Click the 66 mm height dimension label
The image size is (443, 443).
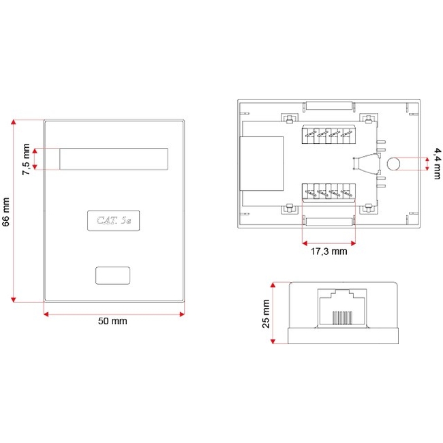pyautogui.click(x=6, y=212)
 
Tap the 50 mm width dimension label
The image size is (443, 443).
pyautogui.click(x=112, y=321)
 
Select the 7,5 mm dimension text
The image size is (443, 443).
pyautogui.click(x=26, y=159)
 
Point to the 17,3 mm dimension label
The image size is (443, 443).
pyautogui.click(x=329, y=251)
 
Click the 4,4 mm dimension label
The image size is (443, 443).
pyautogui.click(x=436, y=164)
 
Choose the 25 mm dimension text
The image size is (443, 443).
pyautogui.click(x=266, y=314)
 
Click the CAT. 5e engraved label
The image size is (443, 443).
pyautogui.click(x=114, y=220)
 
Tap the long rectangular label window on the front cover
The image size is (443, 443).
pyautogui.click(x=114, y=159)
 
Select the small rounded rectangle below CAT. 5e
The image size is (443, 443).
pyautogui.click(x=112, y=275)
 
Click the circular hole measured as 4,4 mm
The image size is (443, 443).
pyautogui.click(x=393, y=164)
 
